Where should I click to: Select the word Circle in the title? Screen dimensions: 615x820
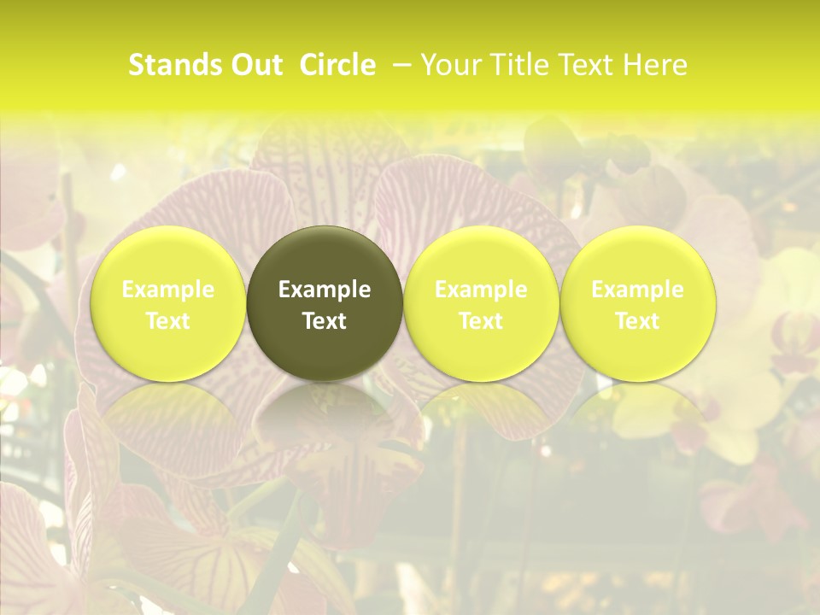[337, 65]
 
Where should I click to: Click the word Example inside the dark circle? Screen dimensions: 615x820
[325, 290]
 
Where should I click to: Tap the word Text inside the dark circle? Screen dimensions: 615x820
[325, 321]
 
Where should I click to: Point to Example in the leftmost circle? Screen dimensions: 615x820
[168, 290]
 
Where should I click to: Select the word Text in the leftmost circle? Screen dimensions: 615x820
[168, 321]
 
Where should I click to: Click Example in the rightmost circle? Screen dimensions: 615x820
[637, 290]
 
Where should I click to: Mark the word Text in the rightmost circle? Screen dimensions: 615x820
[637, 321]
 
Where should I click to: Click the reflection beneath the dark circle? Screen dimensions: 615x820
[325, 419]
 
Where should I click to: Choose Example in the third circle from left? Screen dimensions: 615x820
[481, 290]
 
